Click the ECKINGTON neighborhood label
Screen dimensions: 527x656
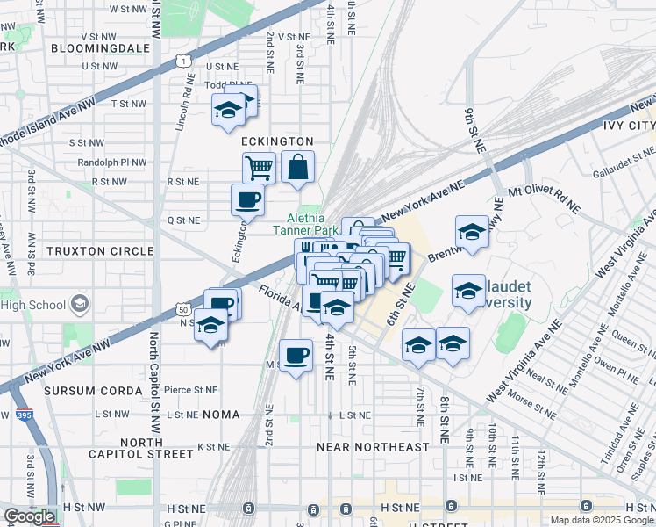[276, 141]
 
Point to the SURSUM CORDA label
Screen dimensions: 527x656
[93, 390]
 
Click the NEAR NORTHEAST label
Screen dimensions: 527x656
[374, 447]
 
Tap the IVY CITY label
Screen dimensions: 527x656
[629, 126]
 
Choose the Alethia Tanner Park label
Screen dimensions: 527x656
[305, 224]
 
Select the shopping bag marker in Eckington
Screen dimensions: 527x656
[298, 166]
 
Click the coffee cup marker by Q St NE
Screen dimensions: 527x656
[247, 199]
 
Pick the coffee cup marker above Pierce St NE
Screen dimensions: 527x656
[296, 355]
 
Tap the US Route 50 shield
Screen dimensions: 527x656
[182, 310]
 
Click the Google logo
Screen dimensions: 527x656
[30, 516]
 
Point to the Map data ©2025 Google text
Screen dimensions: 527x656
[601, 520]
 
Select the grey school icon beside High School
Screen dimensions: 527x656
[81, 305]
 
